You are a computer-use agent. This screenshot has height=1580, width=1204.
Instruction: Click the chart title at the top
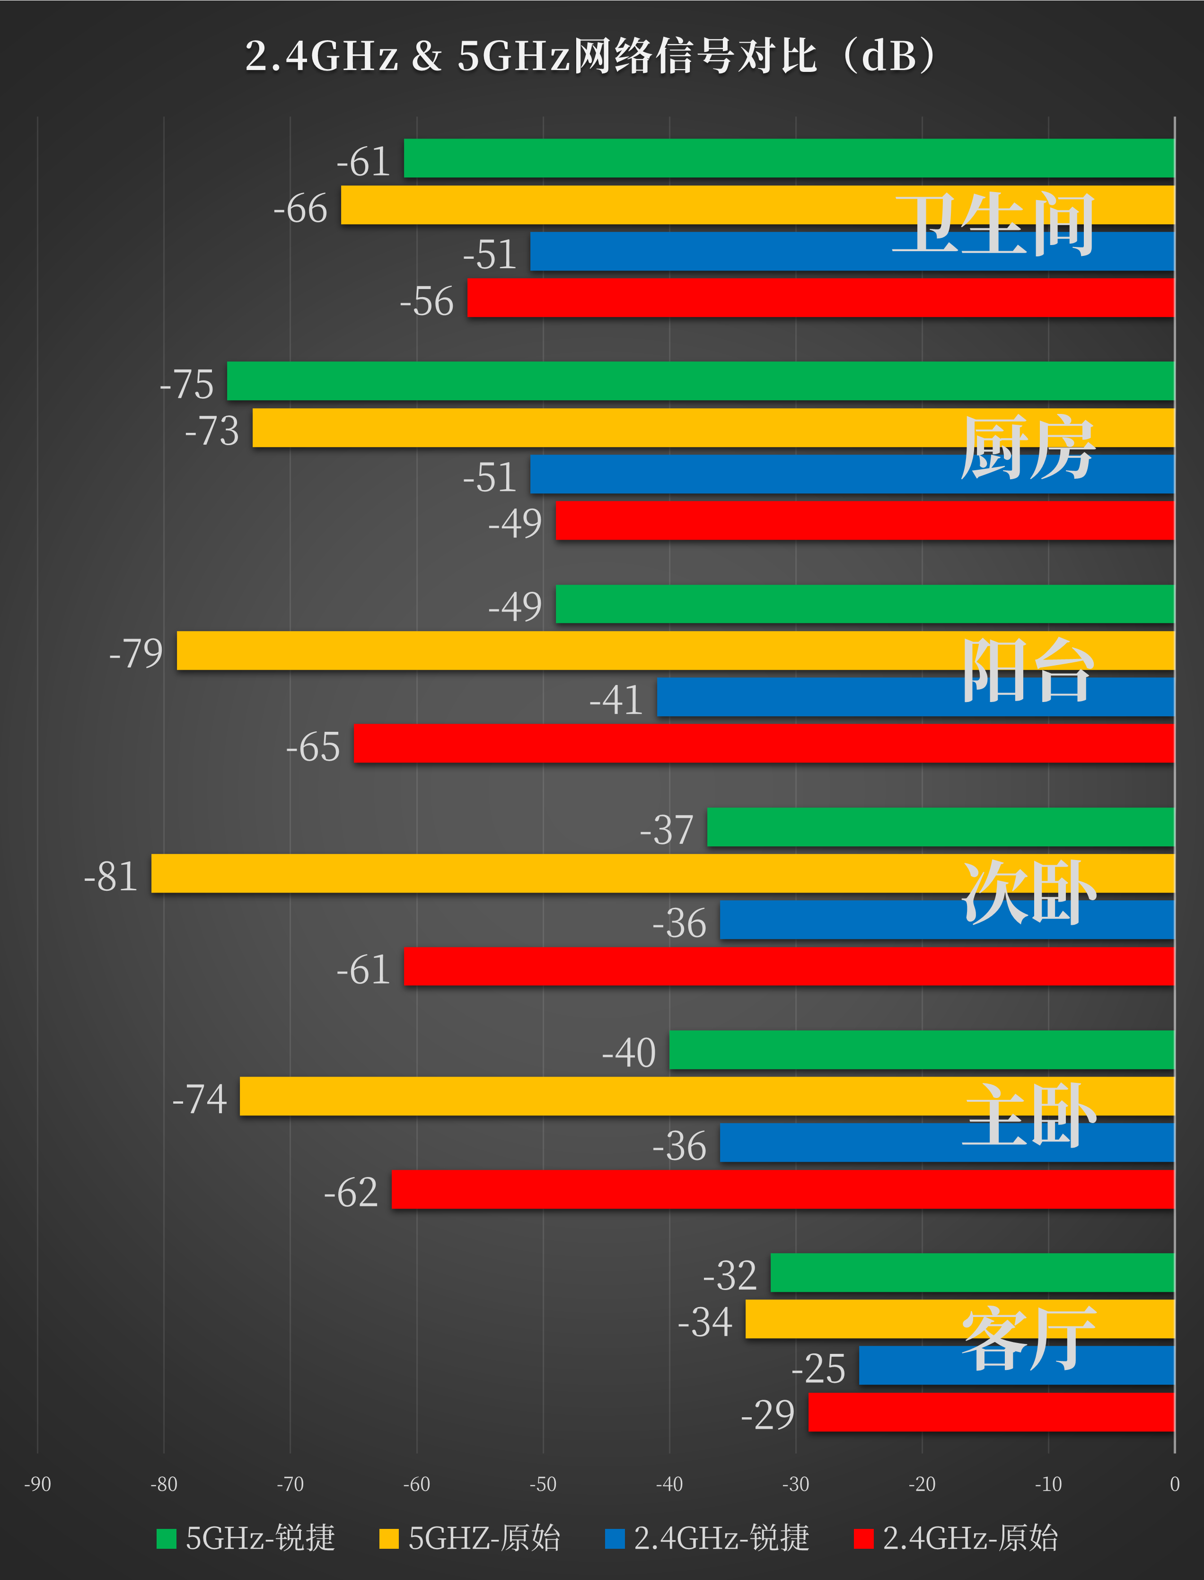591,56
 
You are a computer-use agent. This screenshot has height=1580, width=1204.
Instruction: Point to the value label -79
136,653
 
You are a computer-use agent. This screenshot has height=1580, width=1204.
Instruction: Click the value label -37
667,830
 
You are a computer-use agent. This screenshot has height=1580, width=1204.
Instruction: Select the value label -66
300,209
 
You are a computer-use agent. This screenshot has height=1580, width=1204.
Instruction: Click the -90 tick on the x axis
37,1484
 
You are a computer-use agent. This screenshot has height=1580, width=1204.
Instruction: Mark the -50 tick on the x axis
543,1484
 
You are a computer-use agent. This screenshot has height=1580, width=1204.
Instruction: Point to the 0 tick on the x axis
1174,1484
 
